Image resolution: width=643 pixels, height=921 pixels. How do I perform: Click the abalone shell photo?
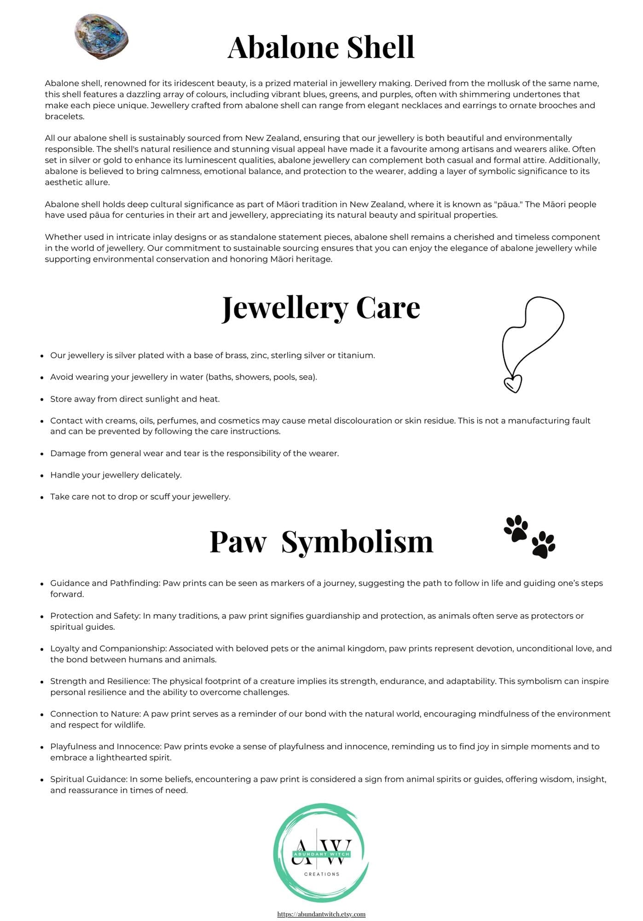click(101, 36)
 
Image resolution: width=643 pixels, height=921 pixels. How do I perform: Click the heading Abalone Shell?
click(321, 47)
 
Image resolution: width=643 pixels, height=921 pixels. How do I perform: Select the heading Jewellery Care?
click(321, 308)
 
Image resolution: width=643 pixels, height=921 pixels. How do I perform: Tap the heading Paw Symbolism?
click(321, 542)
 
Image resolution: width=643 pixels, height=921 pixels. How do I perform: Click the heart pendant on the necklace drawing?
click(513, 383)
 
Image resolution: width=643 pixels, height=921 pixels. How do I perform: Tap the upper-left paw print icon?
click(516, 528)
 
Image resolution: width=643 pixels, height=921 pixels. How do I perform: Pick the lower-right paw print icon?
click(543, 545)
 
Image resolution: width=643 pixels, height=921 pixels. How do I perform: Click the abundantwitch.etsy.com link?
click(321, 914)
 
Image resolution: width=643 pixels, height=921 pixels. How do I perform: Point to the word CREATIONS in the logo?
click(322, 874)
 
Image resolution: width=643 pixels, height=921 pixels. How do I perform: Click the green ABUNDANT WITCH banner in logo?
click(322, 854)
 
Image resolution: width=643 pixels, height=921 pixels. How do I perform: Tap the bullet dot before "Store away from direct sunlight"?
click(42, 399)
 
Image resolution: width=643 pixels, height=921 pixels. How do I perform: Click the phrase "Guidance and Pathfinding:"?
click(105, 583)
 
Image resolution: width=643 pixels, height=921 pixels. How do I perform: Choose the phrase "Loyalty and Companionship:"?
click(109, 649)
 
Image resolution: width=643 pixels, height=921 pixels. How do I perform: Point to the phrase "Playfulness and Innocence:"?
click(106, 746)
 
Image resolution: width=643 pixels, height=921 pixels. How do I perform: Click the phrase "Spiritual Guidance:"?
click(88, 779)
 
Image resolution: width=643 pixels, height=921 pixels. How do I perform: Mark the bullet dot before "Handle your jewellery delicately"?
click(42, 475)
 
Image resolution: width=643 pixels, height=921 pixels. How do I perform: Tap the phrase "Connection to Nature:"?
click(95, 714)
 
